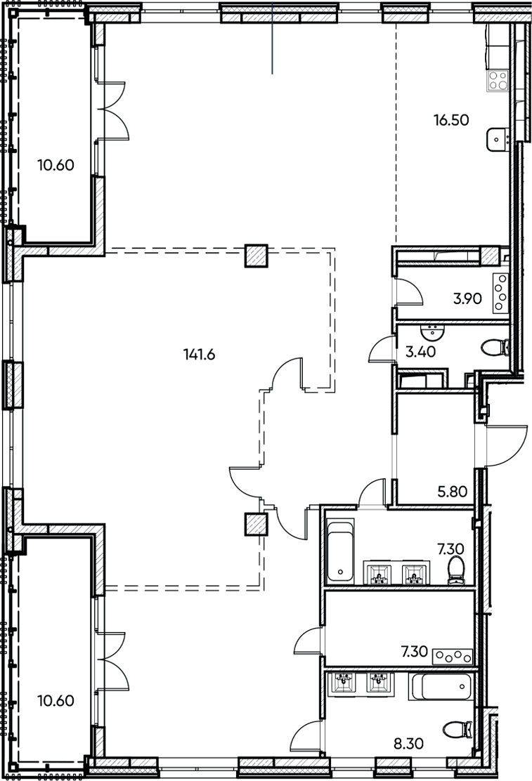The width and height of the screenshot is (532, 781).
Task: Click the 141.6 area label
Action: click(x=197, y=354)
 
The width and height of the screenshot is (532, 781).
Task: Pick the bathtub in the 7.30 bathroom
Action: click(x=339, y=549)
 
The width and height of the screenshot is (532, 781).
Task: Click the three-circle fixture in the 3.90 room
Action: click(x=500, y=294)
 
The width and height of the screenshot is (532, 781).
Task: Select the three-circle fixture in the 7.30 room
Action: click(x=453, y=656)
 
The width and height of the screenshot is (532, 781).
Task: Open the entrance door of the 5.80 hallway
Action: click(x=503, y=445)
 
